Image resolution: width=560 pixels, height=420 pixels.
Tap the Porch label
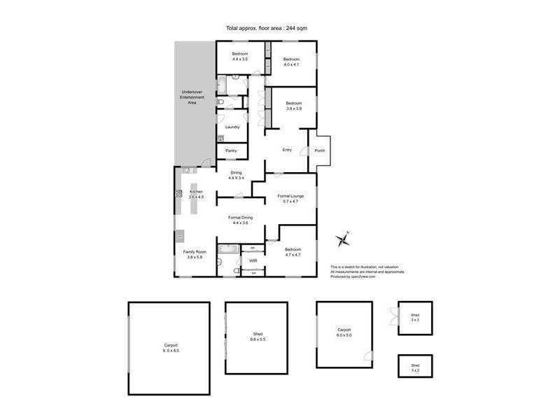(x=319, y=150)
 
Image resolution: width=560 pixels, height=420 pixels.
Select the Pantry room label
(x=231, y=150)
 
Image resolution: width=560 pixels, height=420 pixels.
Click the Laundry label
(x=232, y=127)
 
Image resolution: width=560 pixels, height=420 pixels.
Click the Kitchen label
(x=195, y=191)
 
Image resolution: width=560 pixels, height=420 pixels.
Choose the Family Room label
(x=194, y=251)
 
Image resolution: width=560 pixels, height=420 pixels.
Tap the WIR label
(x=253, y=260)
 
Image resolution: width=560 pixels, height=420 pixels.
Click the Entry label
(x=286, y=150)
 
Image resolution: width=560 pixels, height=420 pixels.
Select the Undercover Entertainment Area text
(x=192, y=97)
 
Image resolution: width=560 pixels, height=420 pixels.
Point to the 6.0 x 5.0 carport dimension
(x=343, y=335)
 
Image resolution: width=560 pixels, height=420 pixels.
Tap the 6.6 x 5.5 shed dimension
(x=257, y=339)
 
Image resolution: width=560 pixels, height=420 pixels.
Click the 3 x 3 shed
(x=415, y=319)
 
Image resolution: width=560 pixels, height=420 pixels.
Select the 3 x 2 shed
(x=415, y=368)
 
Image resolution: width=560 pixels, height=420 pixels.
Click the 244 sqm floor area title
(x=266, y=28)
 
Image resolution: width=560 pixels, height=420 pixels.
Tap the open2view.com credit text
(x=353, y=276)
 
